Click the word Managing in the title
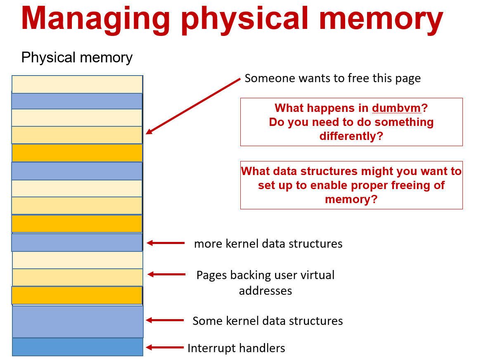pyautogui.click(x=95, y=19)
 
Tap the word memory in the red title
pyautogui.click(x=381, y=19)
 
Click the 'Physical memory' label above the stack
pyautogui.click(x=77, y=57)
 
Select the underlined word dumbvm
pyautogui.click(x=396, y=108)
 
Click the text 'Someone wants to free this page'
pyautogui.click(x=332, y=78)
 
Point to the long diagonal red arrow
pyautogui.click(x=193, y=106)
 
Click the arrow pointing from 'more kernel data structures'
pyautogui.click(x=166, y=243)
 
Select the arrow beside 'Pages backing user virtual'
pyautogui.click(x=166, y=274)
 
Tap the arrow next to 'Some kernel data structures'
pyautogui.click(x=165, y=320)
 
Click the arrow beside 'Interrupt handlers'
pyautogui.click(x=165, y=347)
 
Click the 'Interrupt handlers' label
pyautogui.click(x=236, y=348)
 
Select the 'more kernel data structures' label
pyautogui.click(x=268, y=244)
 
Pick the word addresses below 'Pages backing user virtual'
pyautogui.click(x=265, y=291)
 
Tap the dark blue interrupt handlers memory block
pyautogui.click(x=78, y=347)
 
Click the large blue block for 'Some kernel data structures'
pyautogui.click(x=78, y=322)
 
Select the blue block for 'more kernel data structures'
pyautogui.click(x=77, y=242)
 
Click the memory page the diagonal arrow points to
pyautogui.click(x=77, y=135)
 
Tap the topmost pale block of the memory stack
pyautogui.click(x=77, y=84)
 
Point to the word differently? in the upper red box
pyautogui.click(x=351, y=136)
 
